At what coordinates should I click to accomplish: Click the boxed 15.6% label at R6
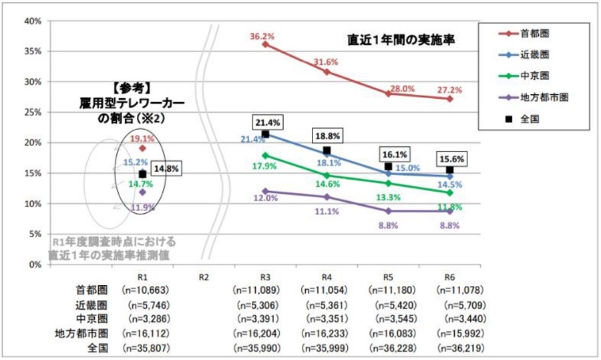tap(452, 160)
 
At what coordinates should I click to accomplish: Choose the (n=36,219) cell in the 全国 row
tap(458, 348)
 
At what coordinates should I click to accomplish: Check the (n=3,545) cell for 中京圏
tap(394, 319)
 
